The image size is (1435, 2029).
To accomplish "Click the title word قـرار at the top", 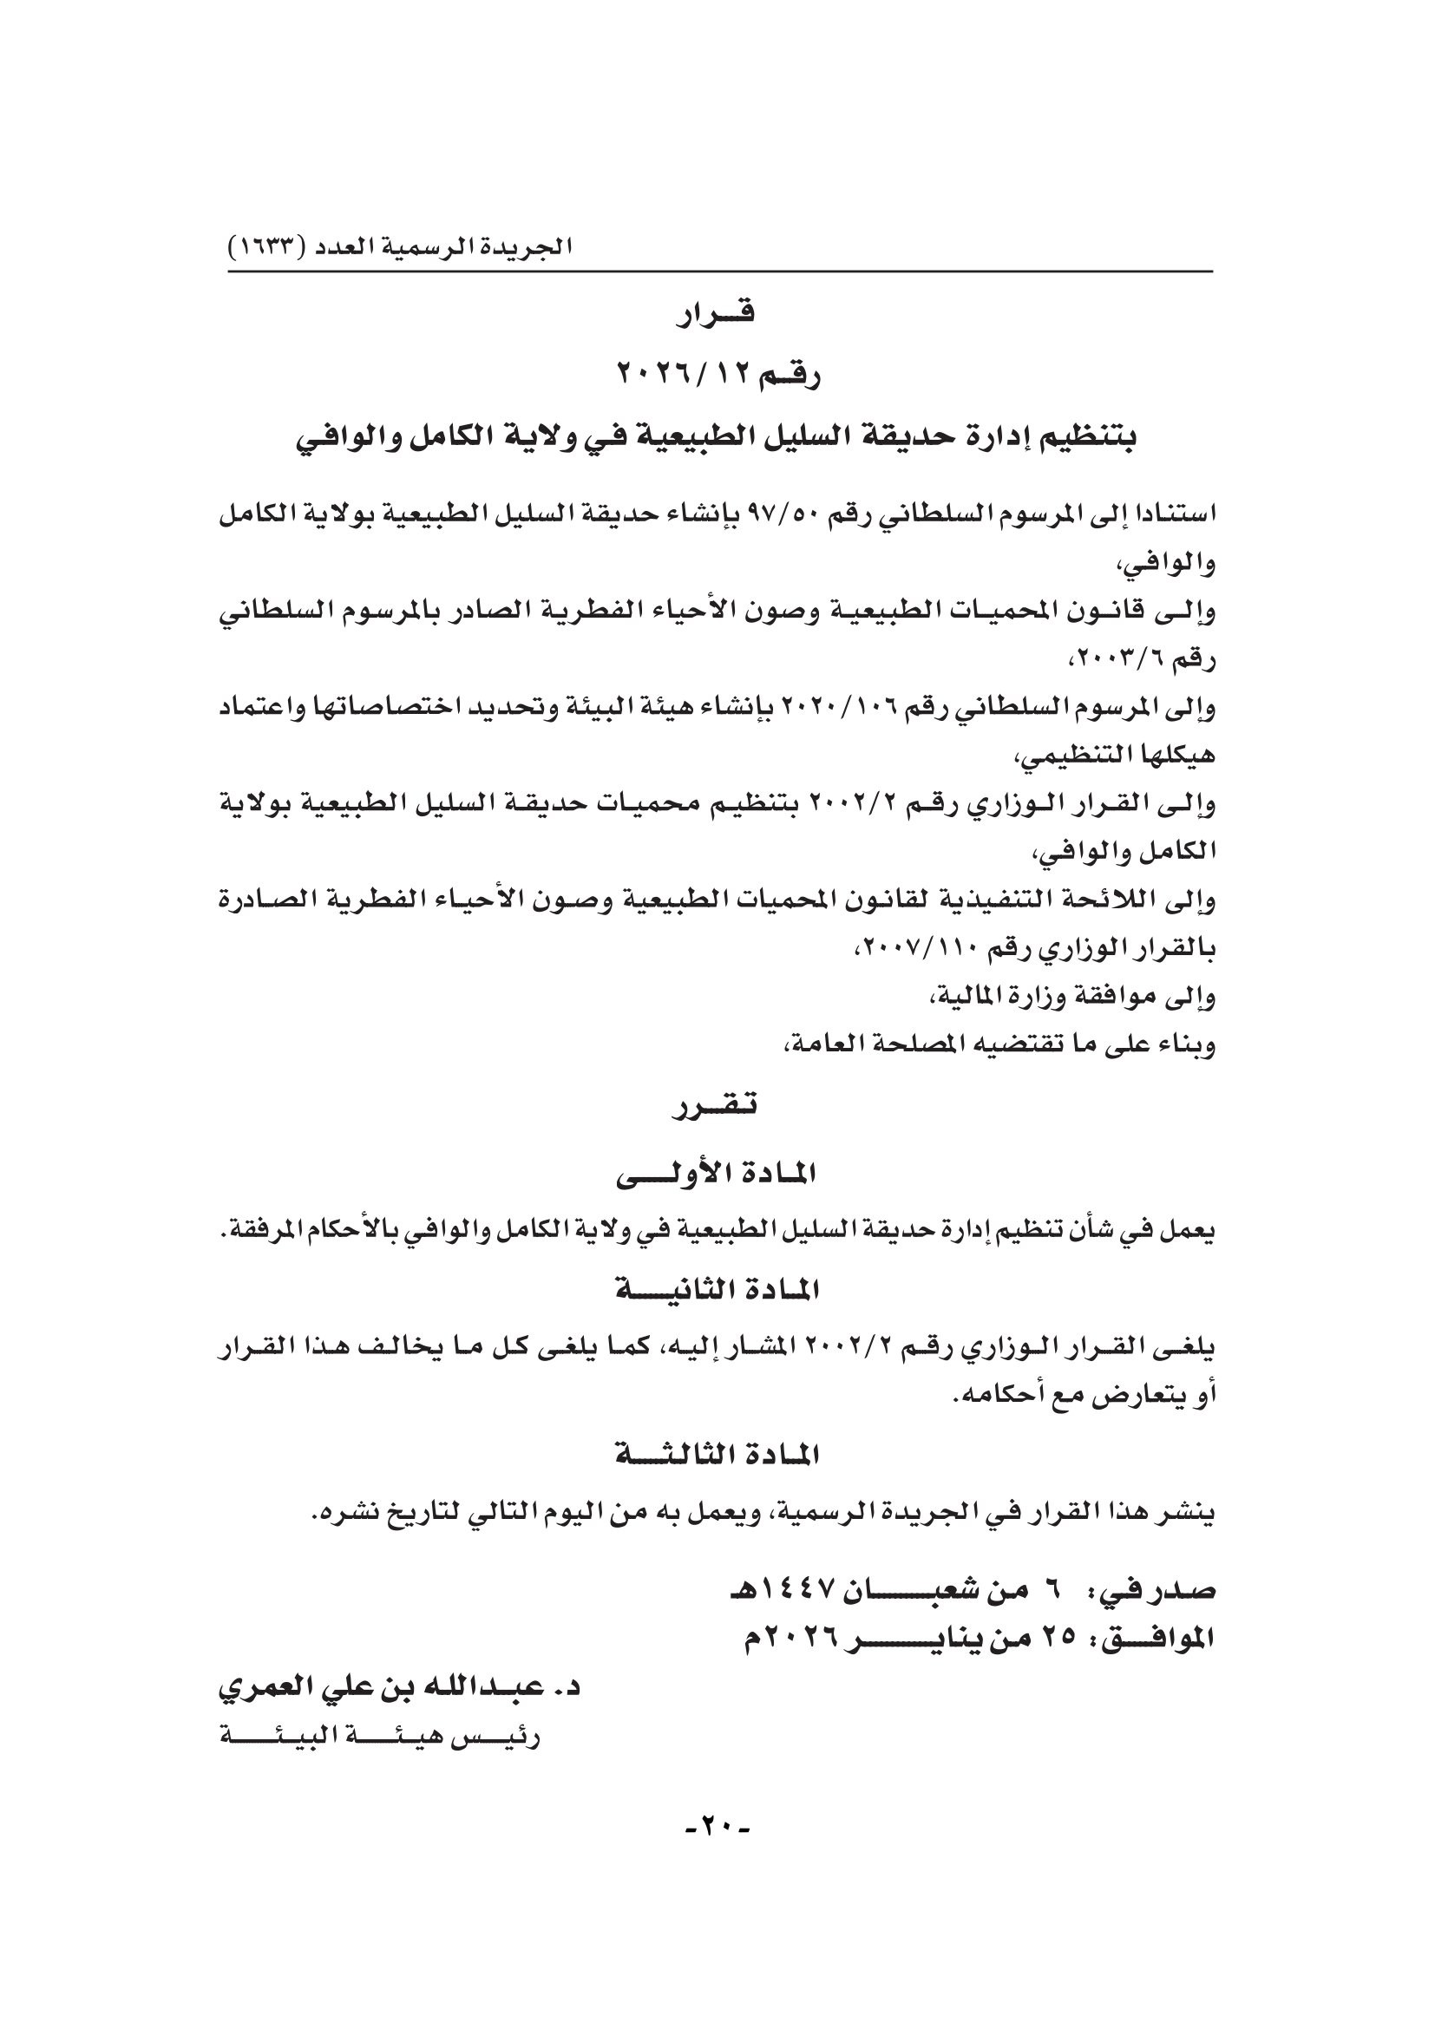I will click(716, 316).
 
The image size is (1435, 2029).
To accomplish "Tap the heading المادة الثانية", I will click(716, 1291).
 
